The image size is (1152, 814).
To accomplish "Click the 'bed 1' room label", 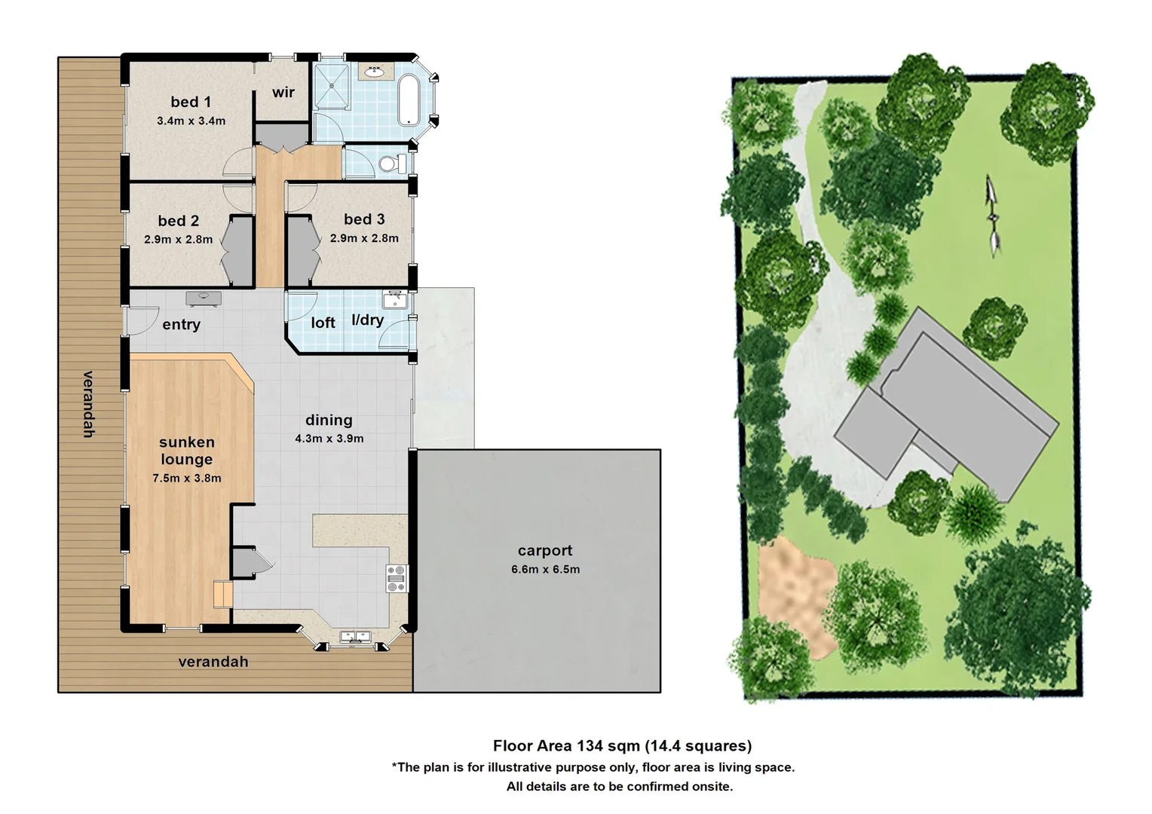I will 190,102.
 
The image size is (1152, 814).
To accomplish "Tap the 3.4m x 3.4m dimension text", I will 191,121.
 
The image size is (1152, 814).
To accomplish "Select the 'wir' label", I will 283,92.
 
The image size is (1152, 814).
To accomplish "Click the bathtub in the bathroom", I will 409,99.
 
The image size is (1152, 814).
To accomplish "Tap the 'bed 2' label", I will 179,221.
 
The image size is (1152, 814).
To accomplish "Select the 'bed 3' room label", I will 364,219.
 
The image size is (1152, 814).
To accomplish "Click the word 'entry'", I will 181,325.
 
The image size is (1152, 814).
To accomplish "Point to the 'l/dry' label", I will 368,320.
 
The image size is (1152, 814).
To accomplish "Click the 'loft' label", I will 323,323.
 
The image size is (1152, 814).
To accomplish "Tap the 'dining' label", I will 329,420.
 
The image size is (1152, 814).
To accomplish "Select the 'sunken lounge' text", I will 186,451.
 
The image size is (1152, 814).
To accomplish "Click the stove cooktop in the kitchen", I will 397,578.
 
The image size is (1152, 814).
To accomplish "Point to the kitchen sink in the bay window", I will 354,638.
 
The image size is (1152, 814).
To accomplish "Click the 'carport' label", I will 545,551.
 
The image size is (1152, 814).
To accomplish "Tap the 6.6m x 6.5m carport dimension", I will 545,570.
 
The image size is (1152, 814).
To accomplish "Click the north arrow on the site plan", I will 993,215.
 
